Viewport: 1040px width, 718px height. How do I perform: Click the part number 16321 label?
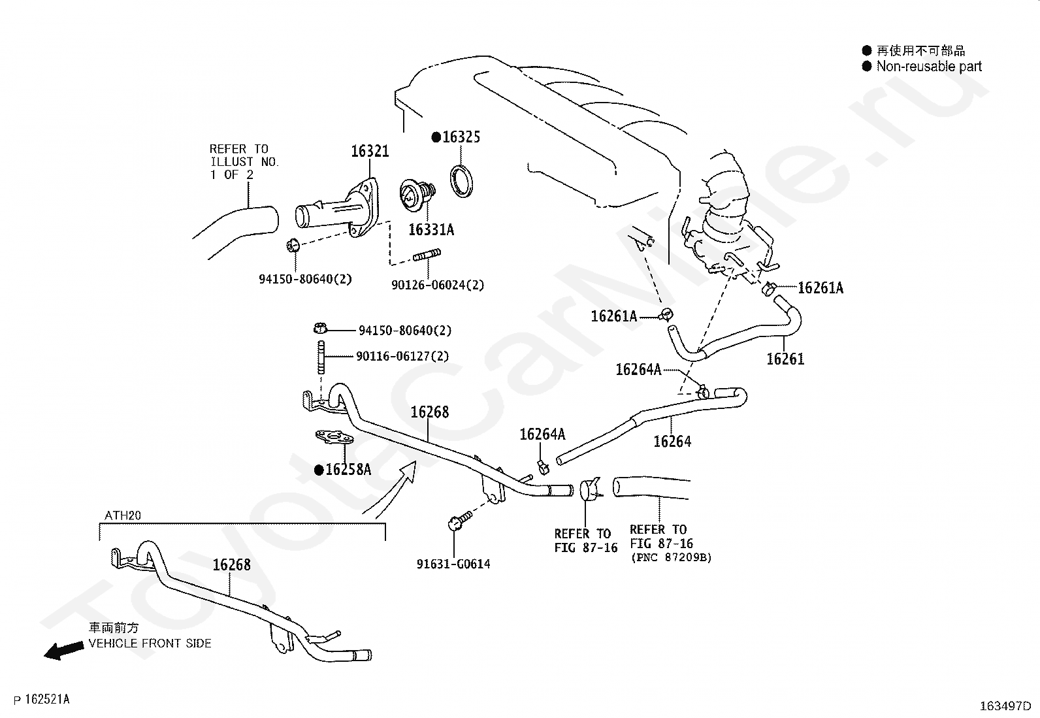click(370, 151)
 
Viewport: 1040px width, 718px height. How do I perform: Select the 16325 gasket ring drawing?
click(463, 180)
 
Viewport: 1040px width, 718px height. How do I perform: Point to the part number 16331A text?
click(431, 230)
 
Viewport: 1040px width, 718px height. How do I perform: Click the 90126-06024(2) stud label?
click(438, 285)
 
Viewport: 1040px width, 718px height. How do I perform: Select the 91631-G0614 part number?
click(453, 564)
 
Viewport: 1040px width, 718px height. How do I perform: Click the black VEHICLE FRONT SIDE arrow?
click(63, 650)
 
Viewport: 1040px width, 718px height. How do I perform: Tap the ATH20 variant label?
click(123, 515)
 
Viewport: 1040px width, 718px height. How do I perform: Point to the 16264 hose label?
click(672, 442)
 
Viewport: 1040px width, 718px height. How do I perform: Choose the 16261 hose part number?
click(785, 359)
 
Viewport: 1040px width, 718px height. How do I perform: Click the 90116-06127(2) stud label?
click(402, 356)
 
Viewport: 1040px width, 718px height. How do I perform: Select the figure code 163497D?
click(1005, 706)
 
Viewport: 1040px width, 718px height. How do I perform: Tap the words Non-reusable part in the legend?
click(928, 66)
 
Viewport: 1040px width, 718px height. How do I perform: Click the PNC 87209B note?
click(671, 557)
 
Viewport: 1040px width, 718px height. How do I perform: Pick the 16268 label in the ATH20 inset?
click(231, 564)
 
